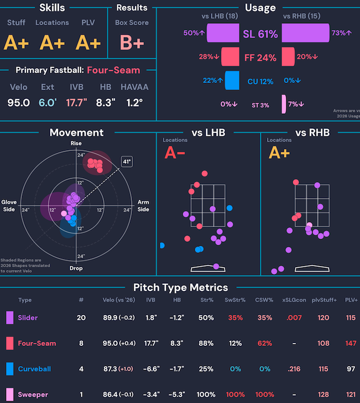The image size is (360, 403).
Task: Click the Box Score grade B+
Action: coord(132,42)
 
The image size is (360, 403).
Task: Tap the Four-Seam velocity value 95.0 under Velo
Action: coord(19,103)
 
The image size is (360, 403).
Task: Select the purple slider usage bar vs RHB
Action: coord(306,33)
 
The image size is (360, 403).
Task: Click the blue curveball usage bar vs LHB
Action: coord(232,80)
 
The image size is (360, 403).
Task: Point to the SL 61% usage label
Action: coord(260,34)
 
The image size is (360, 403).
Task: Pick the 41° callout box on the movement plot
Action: coord(127,162)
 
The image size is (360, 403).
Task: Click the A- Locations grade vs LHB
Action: coord(174,153)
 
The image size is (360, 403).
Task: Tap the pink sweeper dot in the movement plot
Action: coord(64,213)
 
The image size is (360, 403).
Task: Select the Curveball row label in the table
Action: coord(35,369)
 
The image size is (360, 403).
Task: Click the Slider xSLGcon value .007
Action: coord(294,318)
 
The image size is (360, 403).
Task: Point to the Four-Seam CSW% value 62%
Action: coord(265,343)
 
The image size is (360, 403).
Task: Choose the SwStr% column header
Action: coord(235,300)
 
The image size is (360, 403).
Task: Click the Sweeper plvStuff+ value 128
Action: coord(323,395)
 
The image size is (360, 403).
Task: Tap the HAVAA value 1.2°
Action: coord(134,103)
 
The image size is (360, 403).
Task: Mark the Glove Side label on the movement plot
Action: coord(9,206)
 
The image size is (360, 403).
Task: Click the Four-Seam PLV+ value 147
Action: coord(351,343)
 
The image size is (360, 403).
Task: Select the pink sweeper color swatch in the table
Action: coord(10,395)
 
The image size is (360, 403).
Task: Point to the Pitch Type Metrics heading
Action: coord(181,288)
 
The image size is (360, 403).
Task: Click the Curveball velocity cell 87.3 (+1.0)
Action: coord(118,369)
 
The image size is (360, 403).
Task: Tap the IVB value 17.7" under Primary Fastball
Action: coord(77,103)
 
